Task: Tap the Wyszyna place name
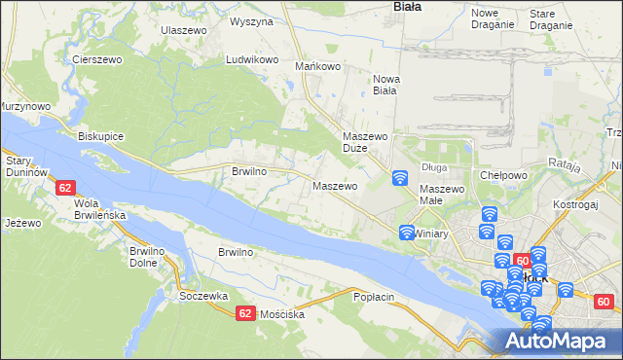click(x=251, y=20)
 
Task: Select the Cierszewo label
click(x=95, y=58)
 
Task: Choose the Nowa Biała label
click(x=385, y=85)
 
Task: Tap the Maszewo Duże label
click(x=366, y=143)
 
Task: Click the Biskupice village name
click(x=100, y=136)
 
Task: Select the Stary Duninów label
click(x=26, y=165)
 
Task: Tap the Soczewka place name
click(x=203, y=295)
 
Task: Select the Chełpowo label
click(x=503, y=175)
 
